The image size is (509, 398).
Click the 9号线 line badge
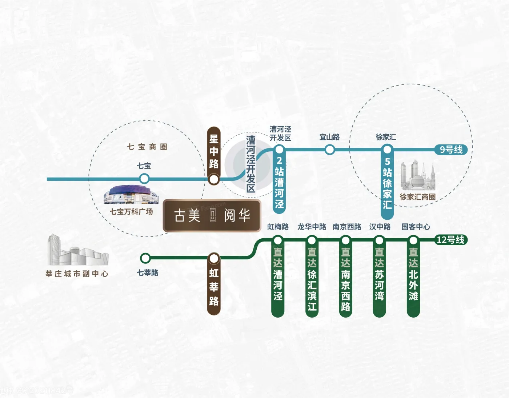(451, 150)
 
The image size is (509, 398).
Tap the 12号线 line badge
(450, 240)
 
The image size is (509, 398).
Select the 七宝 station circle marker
(144, 179)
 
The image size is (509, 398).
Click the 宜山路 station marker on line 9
(330, 150)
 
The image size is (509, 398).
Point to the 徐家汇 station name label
(386, 137)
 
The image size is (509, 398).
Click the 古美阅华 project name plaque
(212, 216)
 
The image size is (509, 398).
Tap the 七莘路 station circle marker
(145, 258)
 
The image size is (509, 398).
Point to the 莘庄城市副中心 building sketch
(77, 251)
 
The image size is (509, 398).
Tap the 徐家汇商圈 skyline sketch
(418, 177)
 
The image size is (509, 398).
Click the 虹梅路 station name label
(278, 227)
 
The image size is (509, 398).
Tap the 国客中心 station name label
(416, 227)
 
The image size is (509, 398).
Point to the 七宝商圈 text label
(147, 147)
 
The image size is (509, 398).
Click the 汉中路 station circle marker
(379, 240)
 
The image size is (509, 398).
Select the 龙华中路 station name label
(312, 227)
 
